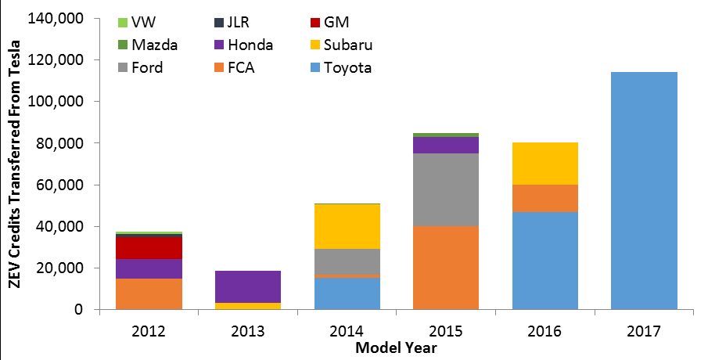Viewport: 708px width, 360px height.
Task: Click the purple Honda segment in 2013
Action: point(248,286)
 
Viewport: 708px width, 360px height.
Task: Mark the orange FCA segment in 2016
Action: point(544,199)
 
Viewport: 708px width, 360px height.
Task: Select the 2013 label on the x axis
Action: point(248,329)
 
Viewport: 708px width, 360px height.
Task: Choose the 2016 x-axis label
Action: point(544,329)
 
